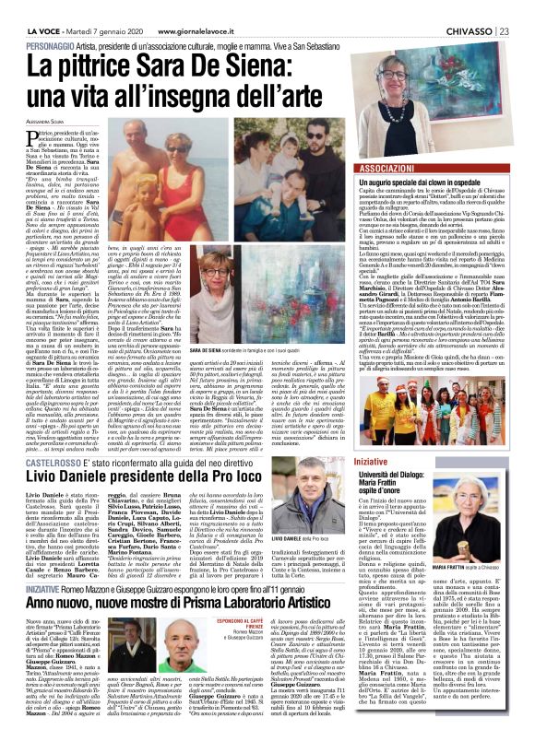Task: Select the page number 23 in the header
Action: [x=526, y=6]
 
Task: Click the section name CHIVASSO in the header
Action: [x=489, y=6]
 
